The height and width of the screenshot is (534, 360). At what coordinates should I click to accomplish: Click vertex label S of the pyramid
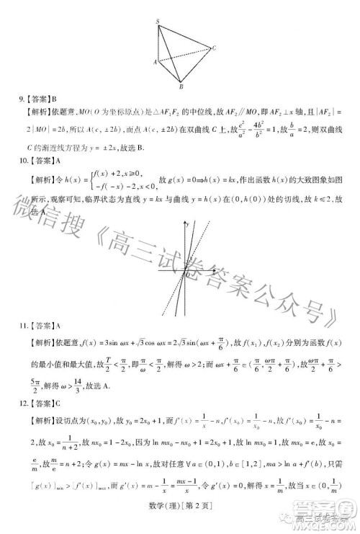158,22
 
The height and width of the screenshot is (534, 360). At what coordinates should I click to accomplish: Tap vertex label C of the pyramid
215,48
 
